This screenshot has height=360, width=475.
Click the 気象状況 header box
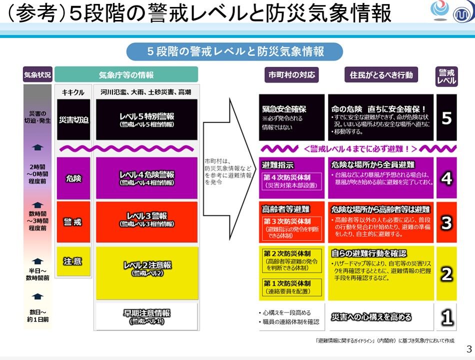[37, 74]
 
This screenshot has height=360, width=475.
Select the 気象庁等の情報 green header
[126, 74]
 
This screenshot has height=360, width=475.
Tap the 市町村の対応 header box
[291, 75]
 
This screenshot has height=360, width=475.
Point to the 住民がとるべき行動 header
[381, 75]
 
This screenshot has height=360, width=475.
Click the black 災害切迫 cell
[73, 119]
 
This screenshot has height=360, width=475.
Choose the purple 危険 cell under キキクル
[73, 178]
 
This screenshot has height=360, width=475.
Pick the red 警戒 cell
[73, 222]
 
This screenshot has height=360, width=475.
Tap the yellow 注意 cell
[73, 261]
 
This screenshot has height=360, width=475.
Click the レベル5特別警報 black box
[146, 119]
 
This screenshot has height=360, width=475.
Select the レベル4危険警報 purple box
[146, 178]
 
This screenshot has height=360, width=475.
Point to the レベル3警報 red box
[146, 222]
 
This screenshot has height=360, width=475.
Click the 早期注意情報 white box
[146, 316]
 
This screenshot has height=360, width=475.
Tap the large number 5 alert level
[446, 118]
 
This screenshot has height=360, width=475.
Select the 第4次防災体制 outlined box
[291, 181]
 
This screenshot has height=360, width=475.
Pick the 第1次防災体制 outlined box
[291, 287]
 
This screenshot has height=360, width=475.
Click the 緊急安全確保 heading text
[284, 109]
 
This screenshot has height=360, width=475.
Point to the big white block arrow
[229, 169]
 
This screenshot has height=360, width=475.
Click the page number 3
[469, 349]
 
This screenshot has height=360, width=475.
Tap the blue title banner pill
[235, 51]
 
